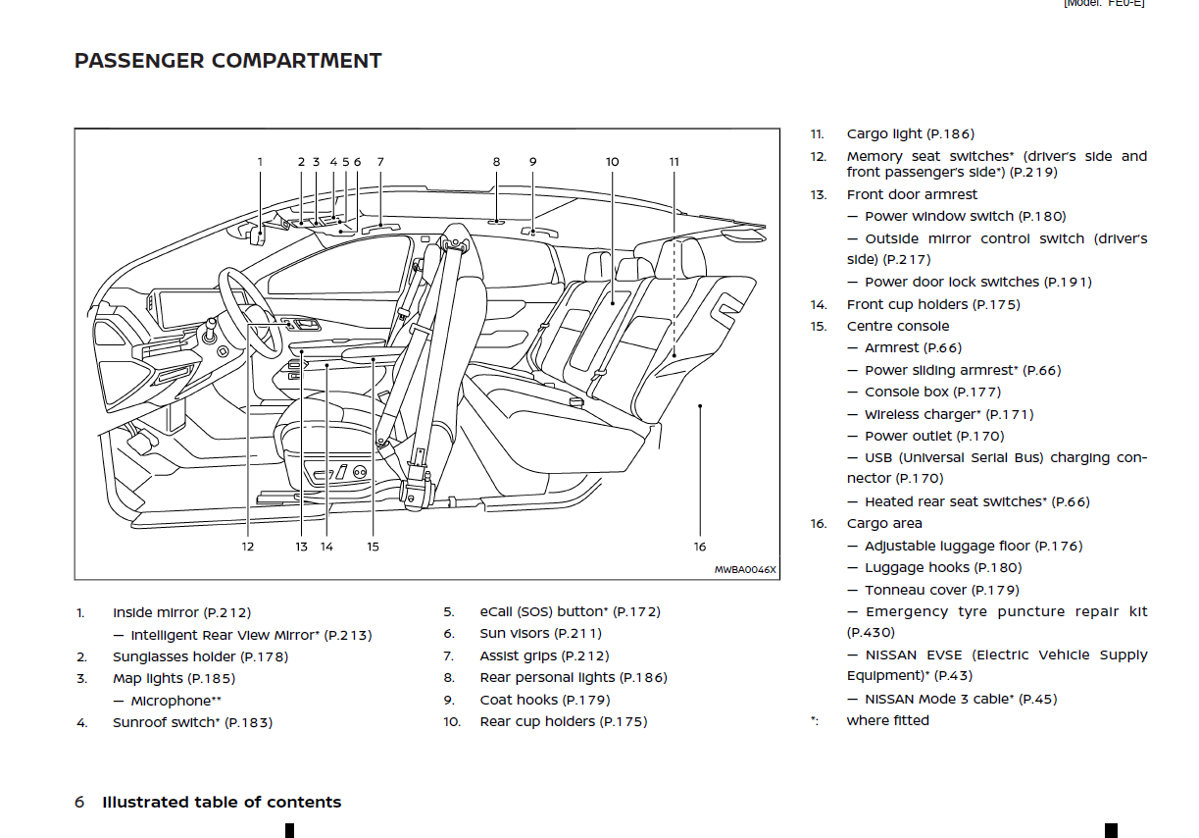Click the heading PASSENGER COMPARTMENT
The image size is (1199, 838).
tap(227, 61)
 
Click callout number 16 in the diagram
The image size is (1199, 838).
tap(699, 547)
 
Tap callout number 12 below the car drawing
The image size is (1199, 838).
tap(248, 547)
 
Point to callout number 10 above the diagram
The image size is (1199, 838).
tap(612, 162)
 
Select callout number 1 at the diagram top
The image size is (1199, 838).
tap(260, 162)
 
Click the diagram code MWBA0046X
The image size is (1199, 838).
tap(744, 569)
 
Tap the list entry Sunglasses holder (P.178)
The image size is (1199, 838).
tap(200, 656)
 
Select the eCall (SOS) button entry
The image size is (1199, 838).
tap(570, 611)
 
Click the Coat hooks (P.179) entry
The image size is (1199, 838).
tap(544, 700)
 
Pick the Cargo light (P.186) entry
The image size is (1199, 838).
tap(910, 134)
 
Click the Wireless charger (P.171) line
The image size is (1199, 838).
tap(948, 414)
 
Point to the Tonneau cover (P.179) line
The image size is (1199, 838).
tap(941, 590)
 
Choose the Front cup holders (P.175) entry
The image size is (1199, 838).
tap(932, 304)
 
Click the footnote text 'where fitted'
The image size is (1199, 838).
tap(887, 720)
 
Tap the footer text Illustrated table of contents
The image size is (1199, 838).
tap(222, 802)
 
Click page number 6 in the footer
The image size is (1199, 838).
tap(79, 802)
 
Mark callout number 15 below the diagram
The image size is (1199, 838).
tap(373, 547)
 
